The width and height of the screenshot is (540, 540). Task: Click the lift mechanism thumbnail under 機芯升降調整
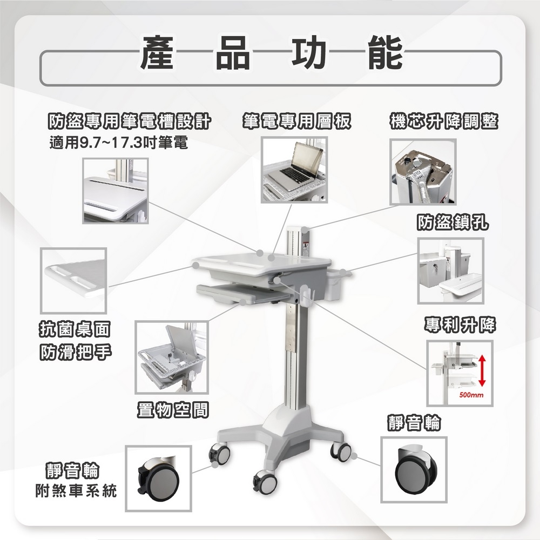click(423, 172)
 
